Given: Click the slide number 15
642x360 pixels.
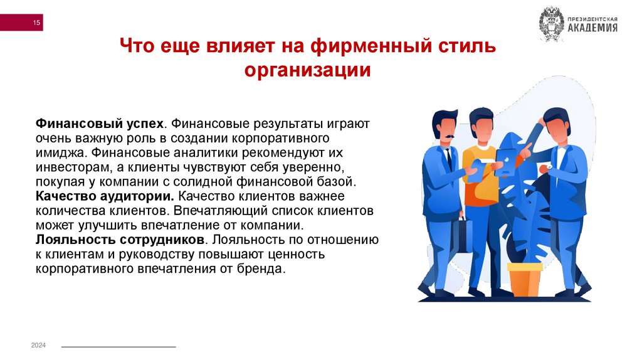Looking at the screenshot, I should [x=36, y=23].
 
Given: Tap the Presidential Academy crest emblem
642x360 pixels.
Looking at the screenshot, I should [x=552, y=24].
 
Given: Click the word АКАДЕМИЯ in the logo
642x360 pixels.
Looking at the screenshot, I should [x=592, y=28].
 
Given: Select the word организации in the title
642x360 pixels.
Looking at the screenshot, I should [x=307, y=70].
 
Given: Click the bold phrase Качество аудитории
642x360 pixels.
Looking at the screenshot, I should [x=105, y=196].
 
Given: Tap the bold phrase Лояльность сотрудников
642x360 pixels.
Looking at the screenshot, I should [x=120, y=240].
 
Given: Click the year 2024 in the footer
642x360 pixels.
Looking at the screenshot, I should [x=38, y=346].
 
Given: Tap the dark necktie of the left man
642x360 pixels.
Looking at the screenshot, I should [x=448, y=159].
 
